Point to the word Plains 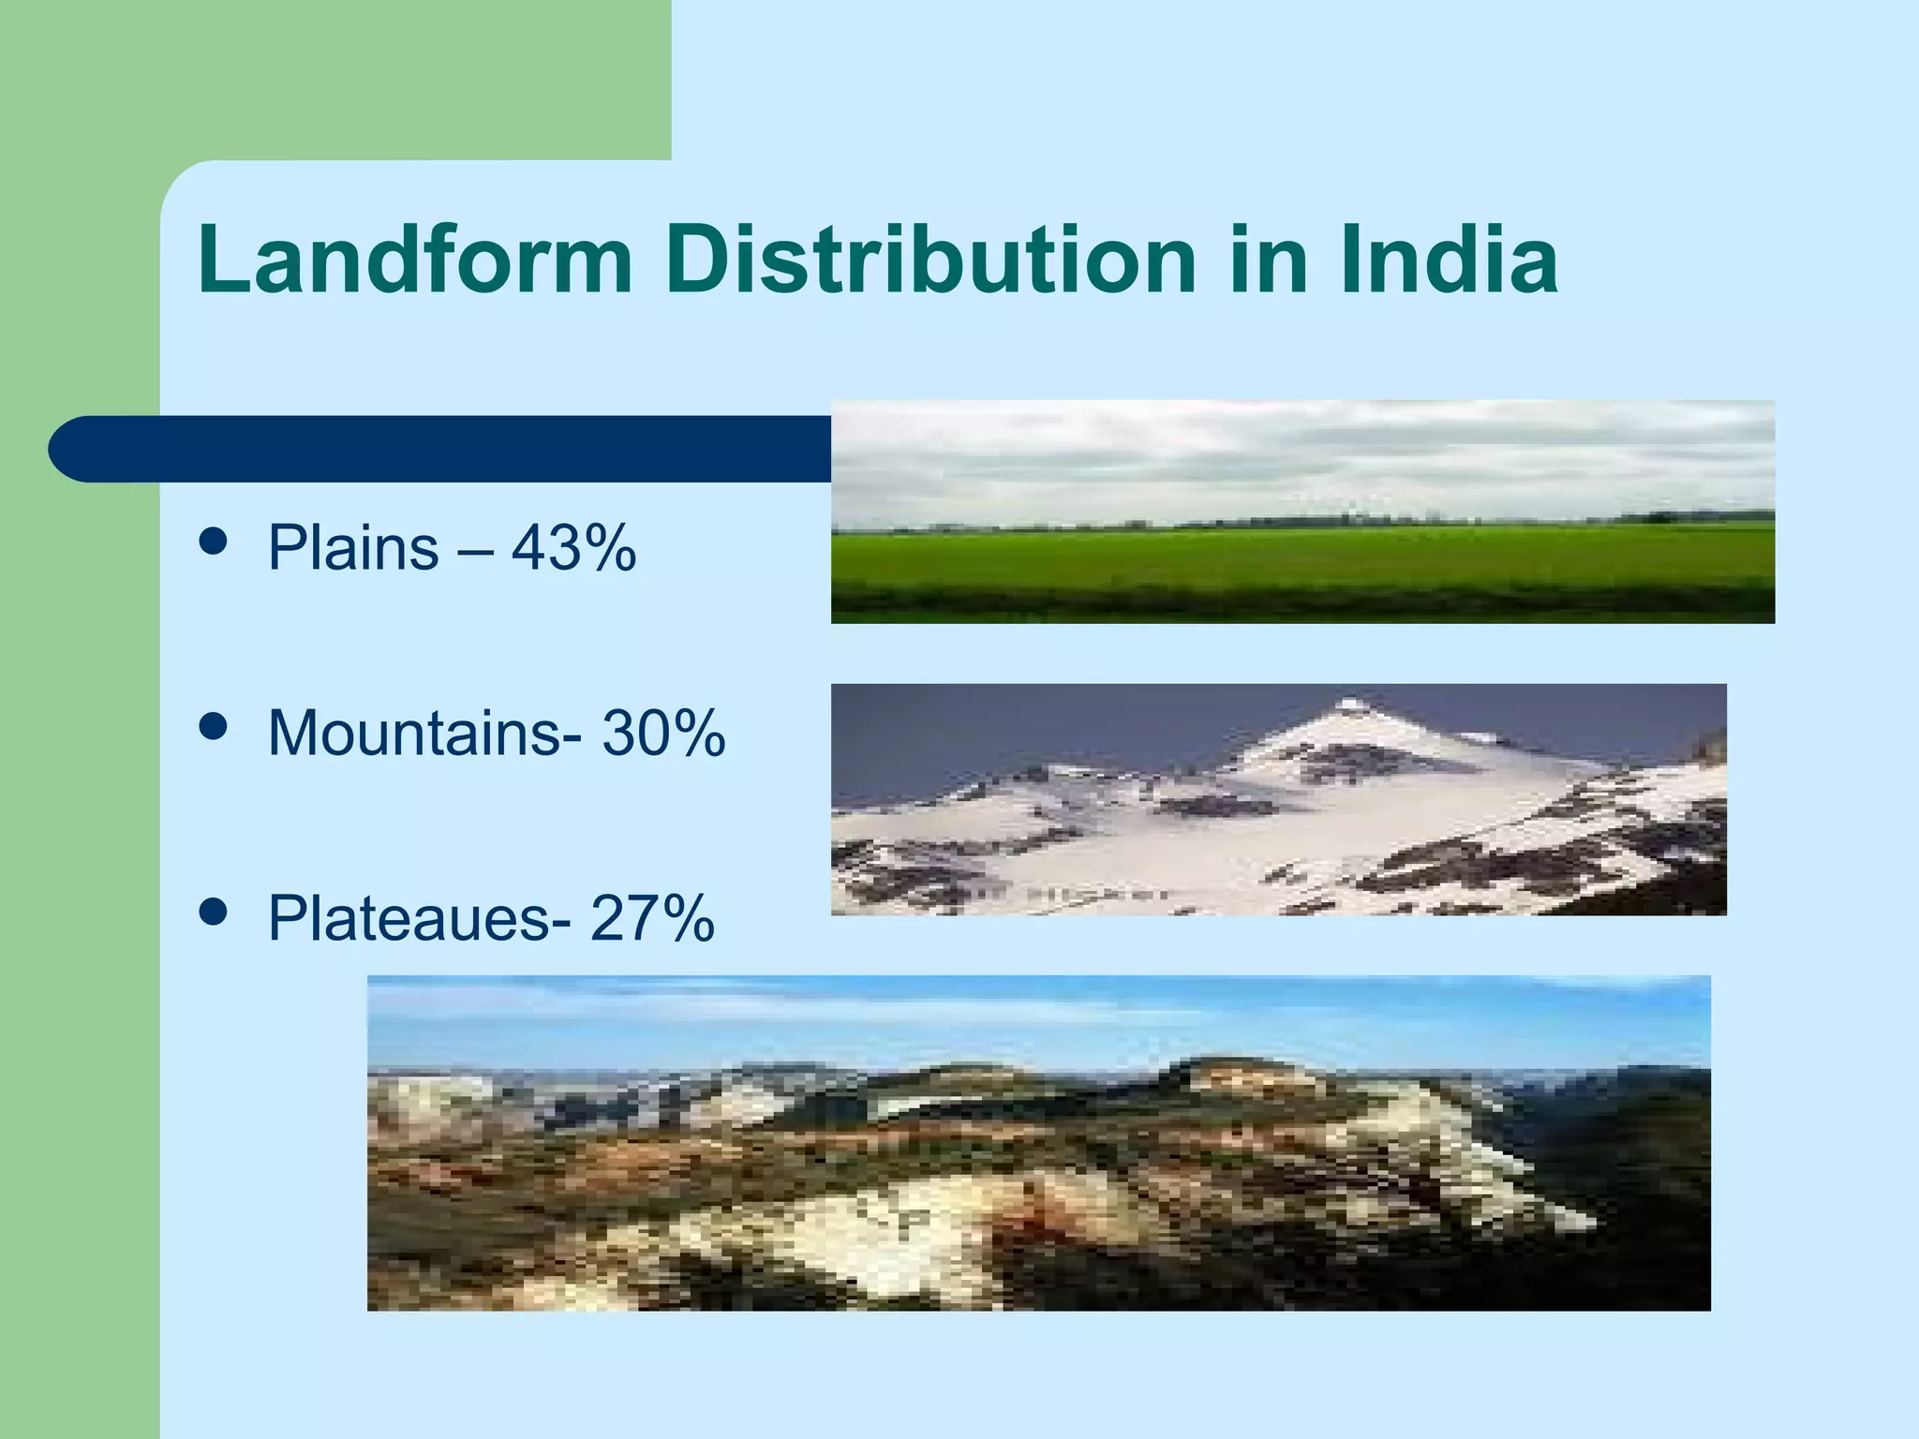[353, 548]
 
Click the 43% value [573, 548]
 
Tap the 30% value [663, 733]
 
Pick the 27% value [653, 918]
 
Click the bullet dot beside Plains [215, 541]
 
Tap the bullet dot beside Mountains [215, 726]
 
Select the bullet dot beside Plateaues [215, 912]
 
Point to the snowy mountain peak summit [1350, 705]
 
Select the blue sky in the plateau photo [1031, 1016]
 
